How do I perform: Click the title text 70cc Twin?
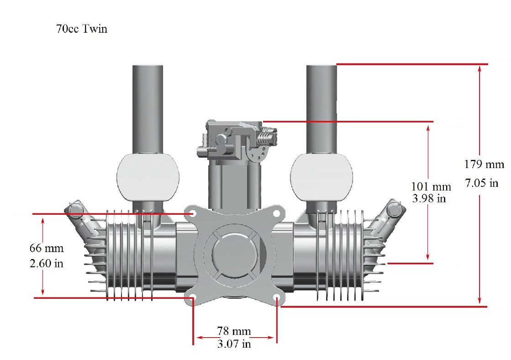click(x=81, y=29)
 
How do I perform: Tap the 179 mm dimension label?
click(x=484, y=164)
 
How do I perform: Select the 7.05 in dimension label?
click(x=481, y=184)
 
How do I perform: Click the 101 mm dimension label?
click(x=431, y=187)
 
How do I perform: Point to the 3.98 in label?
click(x=429, y=199)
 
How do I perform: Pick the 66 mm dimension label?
click(x=47, y=249)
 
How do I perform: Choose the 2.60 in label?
click(x=47, y=264)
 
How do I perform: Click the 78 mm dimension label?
click(x=234, y=331)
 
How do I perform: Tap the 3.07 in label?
click(x=234, y=344)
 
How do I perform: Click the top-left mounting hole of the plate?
click(x=193, y=213)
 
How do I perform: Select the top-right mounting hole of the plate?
click(x=276, y=213)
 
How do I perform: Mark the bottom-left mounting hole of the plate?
click(x=193, y=298)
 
